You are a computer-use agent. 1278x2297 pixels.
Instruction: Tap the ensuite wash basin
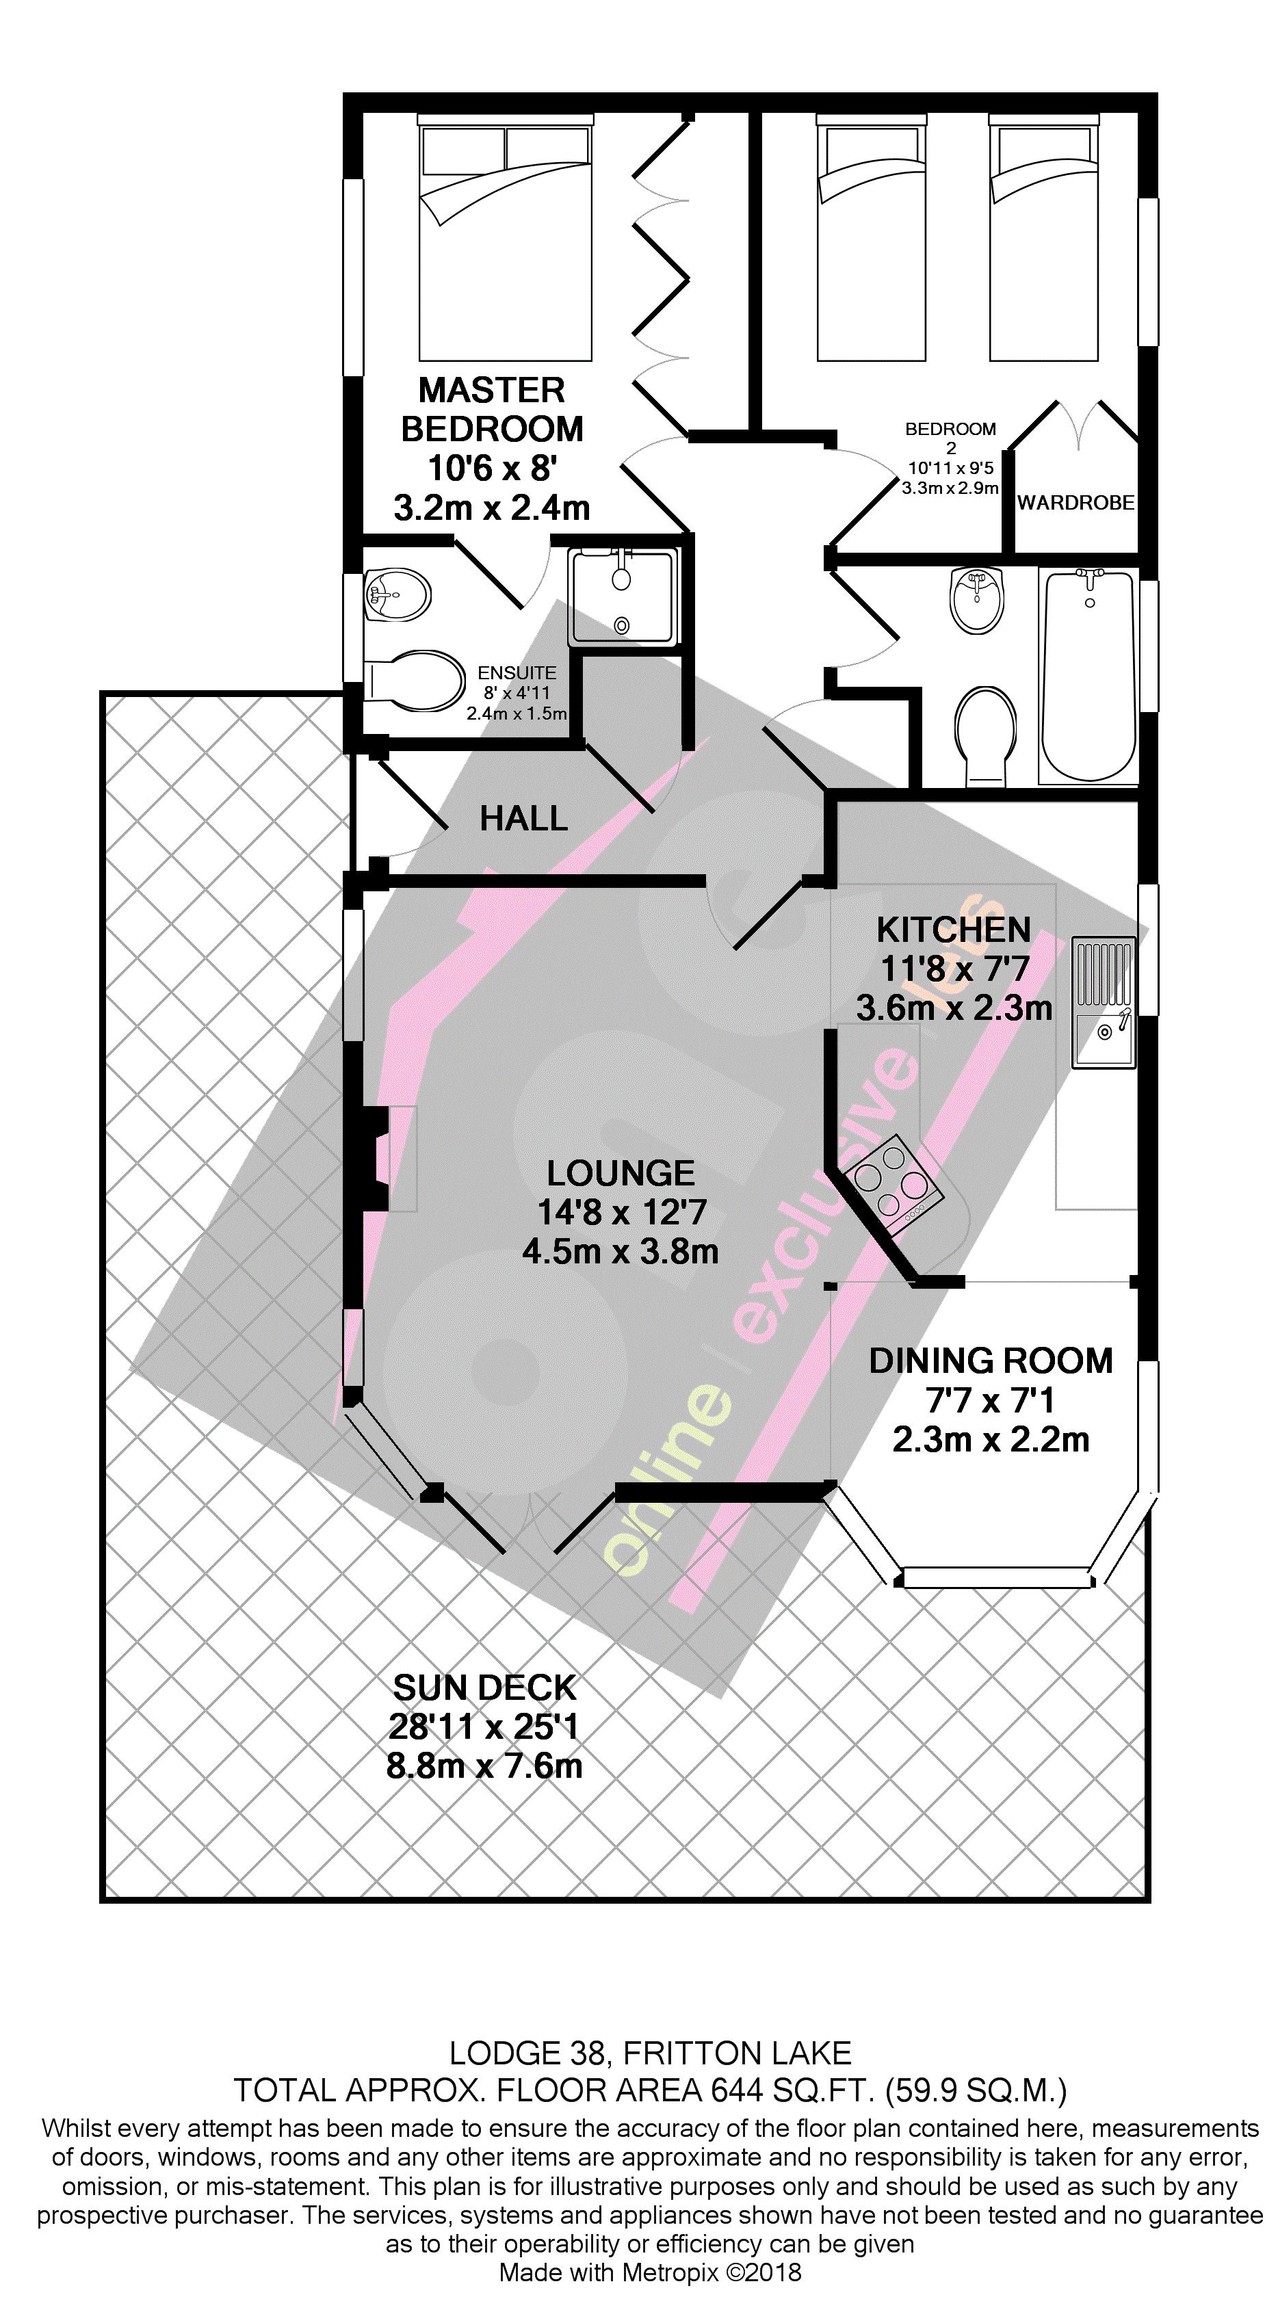[397, 594]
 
